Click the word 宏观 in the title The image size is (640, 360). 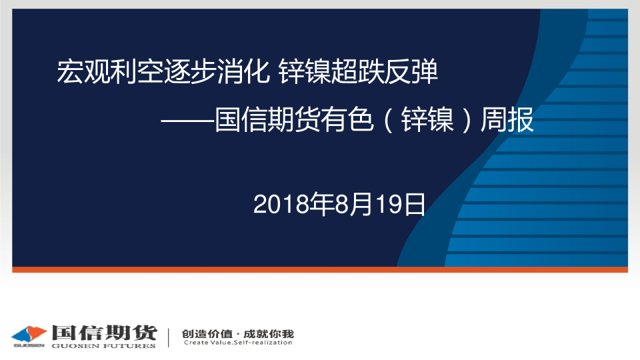click(83, 72)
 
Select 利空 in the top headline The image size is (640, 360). click(136, 72)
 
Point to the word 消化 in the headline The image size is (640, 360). click(243, 72)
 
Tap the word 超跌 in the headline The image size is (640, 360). click(359, 72)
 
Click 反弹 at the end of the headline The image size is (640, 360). click(412, 72)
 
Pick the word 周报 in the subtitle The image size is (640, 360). click(507, 119)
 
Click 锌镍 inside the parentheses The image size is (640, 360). click(427, 119)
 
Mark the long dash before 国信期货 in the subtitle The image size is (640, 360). click(187, 121)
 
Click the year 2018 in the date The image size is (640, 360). click(281, 205)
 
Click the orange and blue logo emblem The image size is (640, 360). click(29, 334)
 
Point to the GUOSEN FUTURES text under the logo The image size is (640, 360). click(104, 346)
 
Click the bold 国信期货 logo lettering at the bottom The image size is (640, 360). click(105, 333)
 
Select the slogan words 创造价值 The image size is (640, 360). click(207, 334)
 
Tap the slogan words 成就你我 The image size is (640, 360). click(269, 334)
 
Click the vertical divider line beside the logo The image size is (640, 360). click(169, 337)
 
